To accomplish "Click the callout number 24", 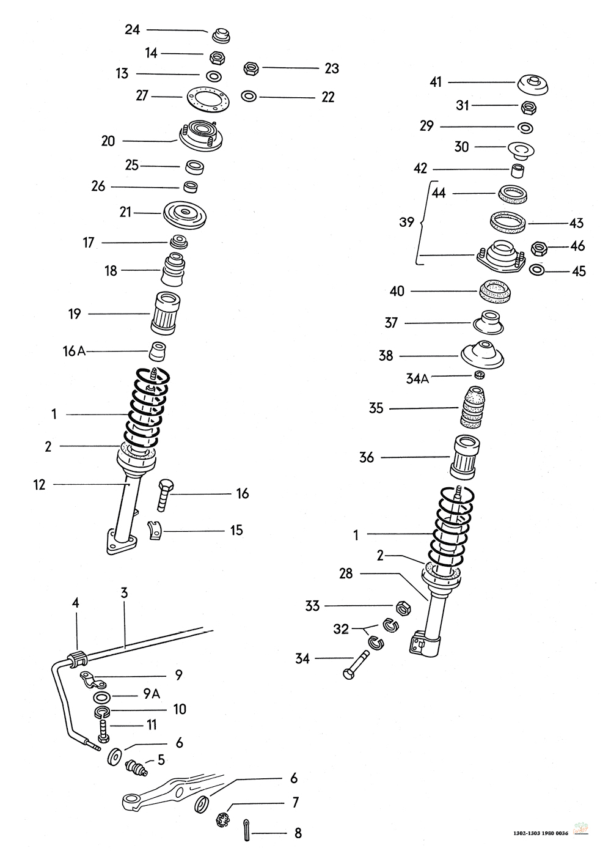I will tap(133, 29).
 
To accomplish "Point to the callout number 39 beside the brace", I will tap(407, 223).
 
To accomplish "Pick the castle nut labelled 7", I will tap(223, 819).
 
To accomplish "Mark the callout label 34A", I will tap(418, 379).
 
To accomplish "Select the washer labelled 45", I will tap(537, 270).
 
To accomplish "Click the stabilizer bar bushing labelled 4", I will tap(78, 660).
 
